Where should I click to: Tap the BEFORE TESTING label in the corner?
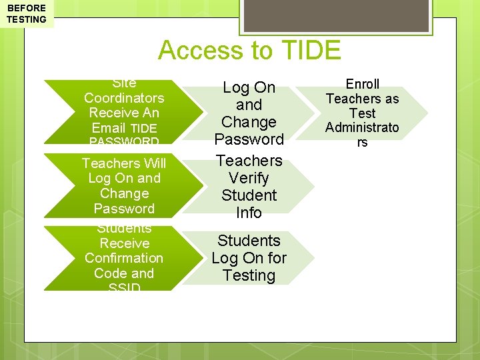tap(27, 14)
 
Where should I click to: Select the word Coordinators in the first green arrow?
tap(124, 98)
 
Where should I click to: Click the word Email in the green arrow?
tap(109, 128)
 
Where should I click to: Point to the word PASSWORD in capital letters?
tap(124, 142)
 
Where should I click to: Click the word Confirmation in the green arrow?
tap(124, 258)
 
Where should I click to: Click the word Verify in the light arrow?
tap(249, 178)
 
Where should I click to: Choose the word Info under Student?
tap(249, 213)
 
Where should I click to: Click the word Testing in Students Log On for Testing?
tap(249, 275)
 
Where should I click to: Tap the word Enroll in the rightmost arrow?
tap(363, 84)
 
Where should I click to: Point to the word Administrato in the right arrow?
tap(363, 127)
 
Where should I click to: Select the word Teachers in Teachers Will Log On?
tap(110, 163)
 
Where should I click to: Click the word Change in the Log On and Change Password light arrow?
tap(249, 122)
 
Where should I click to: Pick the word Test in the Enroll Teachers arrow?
tap(363, 113)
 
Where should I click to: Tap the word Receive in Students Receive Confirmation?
tap(124, 243)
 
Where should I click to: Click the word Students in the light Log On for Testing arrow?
tap(249, 241)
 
